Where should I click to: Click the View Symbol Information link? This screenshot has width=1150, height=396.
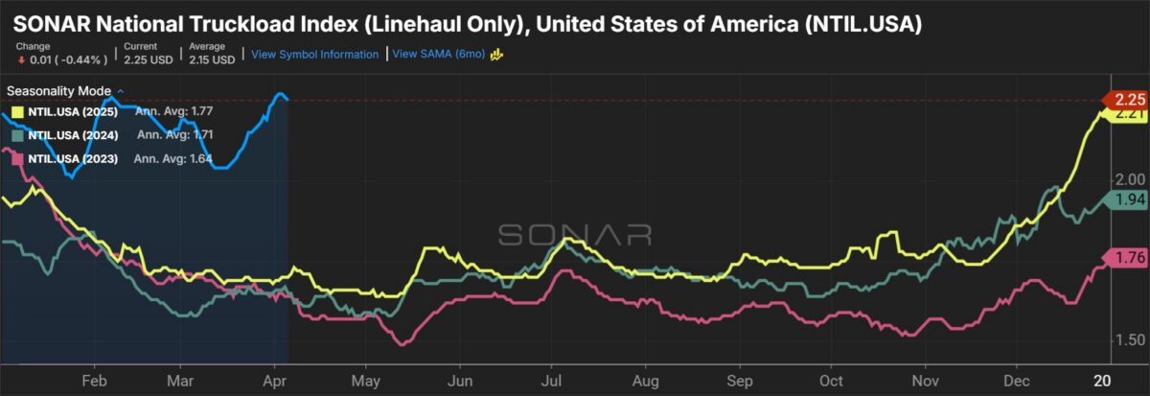click(314, 55)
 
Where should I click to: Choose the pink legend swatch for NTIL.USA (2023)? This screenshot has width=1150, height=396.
click(15, 157)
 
